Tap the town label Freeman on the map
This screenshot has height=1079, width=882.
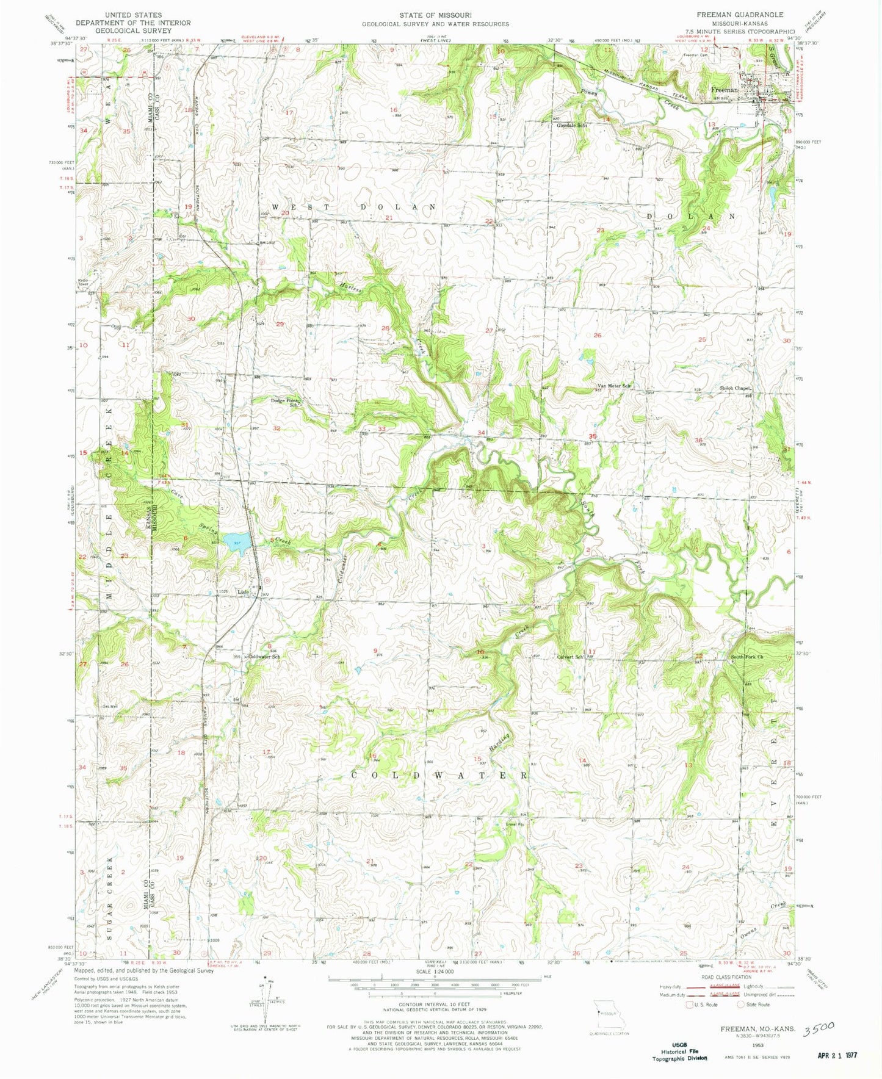[x=724, y=90]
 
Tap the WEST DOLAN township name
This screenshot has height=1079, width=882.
[x=354, y=208]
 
